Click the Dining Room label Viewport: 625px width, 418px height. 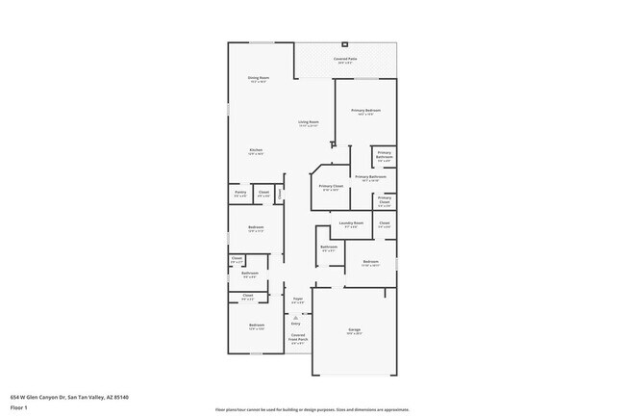tap(259, 77)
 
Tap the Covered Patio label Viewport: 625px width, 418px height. tap(345, 59)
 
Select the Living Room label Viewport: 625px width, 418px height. tap(308, 121)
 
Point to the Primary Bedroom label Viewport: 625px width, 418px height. tap(365, 111)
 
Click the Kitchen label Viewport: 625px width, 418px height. tap(256, 150)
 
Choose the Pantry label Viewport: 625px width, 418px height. tap(239, 193)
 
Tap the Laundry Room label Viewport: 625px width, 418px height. tap(351, 223)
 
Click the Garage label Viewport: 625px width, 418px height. tap(354, 330)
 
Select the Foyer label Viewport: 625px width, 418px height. tap(298, 300)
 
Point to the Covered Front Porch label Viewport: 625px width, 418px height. tap(298, 337)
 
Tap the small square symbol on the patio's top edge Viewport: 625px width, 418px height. tap(345, 44)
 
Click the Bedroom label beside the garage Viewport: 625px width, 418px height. tap(370, 262)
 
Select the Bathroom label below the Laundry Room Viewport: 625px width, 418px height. tap(328, 247)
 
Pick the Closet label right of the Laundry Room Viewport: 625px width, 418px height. tap(384, 223)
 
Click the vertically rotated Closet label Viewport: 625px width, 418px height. tap(280, 193)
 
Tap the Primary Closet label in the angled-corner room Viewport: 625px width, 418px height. tap(331, 186)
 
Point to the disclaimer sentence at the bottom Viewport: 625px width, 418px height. tap(312, 410)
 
